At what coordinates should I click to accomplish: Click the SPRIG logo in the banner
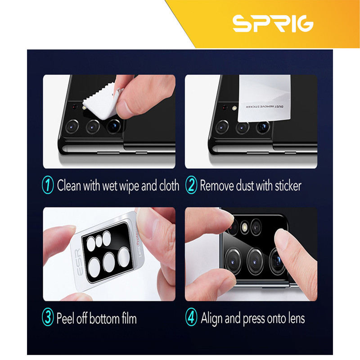coord(273,24)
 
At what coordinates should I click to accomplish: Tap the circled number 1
coord(48,185)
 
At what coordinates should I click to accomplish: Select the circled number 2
coord(191,185)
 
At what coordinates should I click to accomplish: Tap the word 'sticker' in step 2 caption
coord(288,185)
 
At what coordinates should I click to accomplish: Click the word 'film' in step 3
coord(129,318)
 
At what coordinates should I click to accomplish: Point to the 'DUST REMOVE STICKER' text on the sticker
coord(265,107)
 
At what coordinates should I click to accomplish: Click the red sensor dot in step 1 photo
coord(74,107)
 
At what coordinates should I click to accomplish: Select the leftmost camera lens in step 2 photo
coord(222,127)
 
